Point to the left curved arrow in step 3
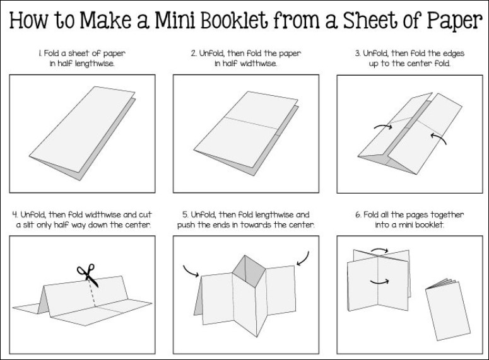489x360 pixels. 382,127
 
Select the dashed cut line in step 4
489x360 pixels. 95,293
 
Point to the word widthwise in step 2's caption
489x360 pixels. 259,64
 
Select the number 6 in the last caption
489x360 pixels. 358,215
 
